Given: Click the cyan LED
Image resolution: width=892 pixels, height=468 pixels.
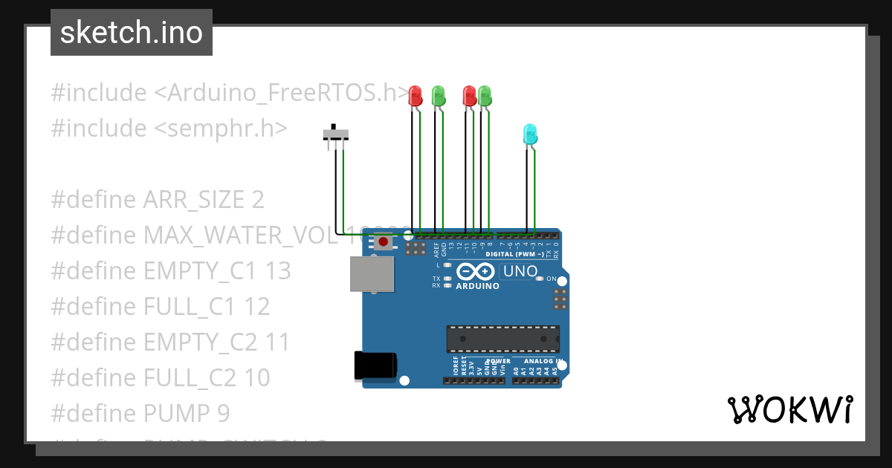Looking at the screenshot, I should [530, 134].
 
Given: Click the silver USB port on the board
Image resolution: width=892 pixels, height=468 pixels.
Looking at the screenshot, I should [372, 273].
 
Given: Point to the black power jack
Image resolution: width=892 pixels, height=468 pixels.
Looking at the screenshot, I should [375, 365].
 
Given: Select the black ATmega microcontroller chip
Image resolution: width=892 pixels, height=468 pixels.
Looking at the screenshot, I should [502, 339].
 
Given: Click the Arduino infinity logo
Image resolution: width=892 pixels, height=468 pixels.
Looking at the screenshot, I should [475, 272].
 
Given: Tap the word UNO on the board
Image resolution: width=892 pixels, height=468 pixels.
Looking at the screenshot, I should [520, 271].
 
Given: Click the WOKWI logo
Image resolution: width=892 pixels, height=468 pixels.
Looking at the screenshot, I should [789, 409].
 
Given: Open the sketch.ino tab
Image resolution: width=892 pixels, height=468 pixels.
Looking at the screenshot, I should [132, 33].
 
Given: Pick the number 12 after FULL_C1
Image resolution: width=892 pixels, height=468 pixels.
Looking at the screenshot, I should [256, 307].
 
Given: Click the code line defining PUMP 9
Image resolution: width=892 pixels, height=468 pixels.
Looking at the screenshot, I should [140, 413].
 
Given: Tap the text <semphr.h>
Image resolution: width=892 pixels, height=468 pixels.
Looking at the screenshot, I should [221, 129].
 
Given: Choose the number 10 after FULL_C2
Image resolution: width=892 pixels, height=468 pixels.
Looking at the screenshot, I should [256, 378].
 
